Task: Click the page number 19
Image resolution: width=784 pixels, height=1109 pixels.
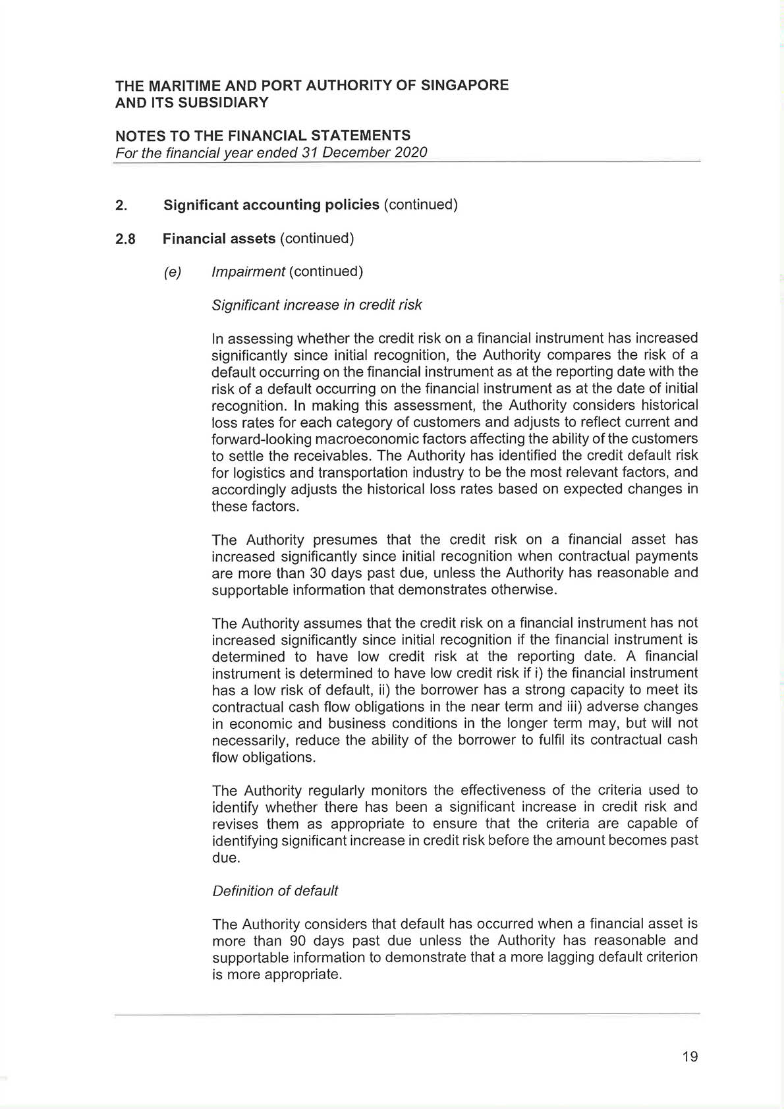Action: pos(690,1057)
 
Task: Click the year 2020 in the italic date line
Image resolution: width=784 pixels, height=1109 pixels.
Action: pos(410,153)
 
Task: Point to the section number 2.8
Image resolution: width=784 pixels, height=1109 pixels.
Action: pos(125,239)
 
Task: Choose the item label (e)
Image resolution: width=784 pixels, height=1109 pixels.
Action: pos(173,272)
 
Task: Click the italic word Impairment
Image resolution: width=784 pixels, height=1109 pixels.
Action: pos(248,271)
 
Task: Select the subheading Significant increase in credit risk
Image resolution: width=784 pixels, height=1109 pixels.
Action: pos(317,305)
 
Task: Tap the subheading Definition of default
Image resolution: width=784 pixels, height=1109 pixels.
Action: pos(275,891)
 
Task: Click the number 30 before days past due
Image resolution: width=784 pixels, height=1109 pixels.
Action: pos(318,573)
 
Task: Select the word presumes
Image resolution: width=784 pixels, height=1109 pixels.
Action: pos(345,540)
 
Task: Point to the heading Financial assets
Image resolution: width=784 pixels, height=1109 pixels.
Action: pos(219,239)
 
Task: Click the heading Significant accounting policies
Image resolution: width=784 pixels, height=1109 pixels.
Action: pos(271,205)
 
